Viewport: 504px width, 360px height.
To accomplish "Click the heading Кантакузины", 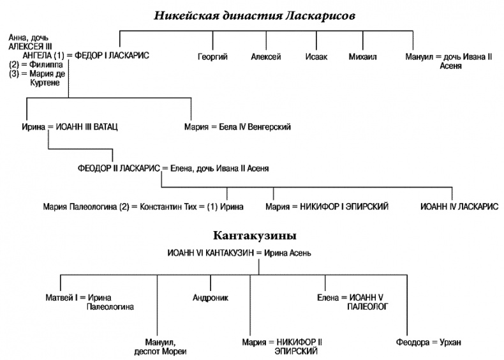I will (x=253, y=236).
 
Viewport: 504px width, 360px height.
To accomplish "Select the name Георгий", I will (x=212, y=57).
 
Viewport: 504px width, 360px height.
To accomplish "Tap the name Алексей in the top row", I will (x=266, y=57).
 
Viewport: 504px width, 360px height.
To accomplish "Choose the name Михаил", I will (x=362, y=57).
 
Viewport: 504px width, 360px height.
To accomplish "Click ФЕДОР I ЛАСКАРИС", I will (x=112, y=56).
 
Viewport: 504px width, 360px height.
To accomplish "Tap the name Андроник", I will (x=211, y=297).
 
